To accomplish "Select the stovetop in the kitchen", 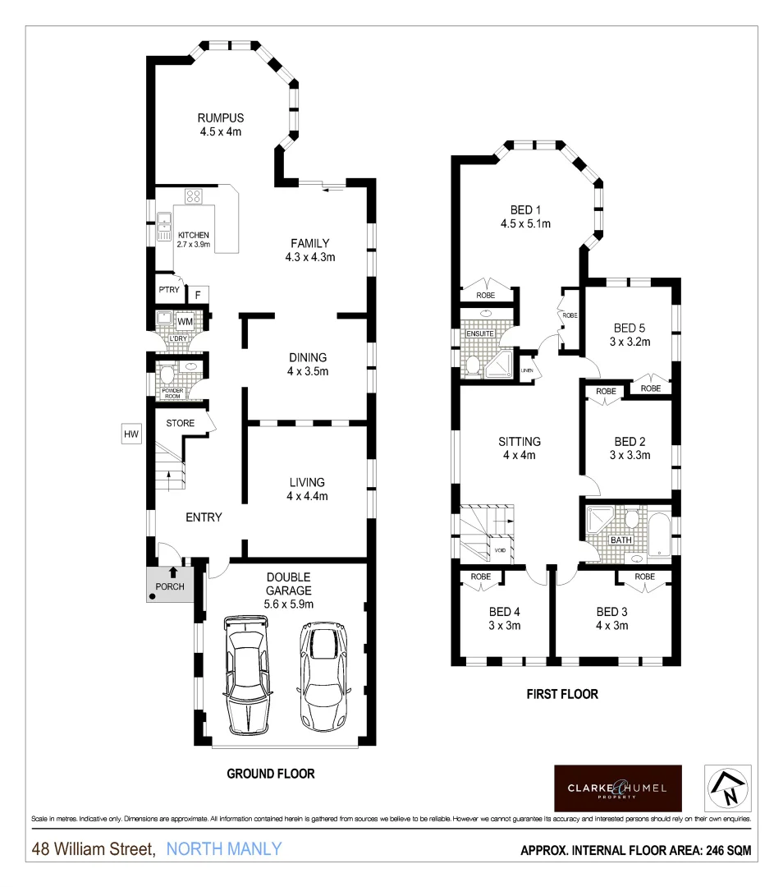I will click(195, 195).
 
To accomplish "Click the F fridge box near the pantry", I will click(198, 294).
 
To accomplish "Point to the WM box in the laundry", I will click(185, 321).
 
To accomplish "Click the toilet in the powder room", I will click(167, 375).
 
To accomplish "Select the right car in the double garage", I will click(323, 673).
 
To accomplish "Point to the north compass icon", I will click(728, 788).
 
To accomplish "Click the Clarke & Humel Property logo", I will click(617, 788).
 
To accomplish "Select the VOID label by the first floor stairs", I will click(499, 549).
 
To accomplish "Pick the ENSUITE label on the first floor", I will click(480, 333).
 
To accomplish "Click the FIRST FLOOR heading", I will click(561, 694).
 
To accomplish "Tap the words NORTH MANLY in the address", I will click(223, 849).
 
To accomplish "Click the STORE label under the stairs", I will click(181, 424).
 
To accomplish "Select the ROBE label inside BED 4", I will click(481, 577).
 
